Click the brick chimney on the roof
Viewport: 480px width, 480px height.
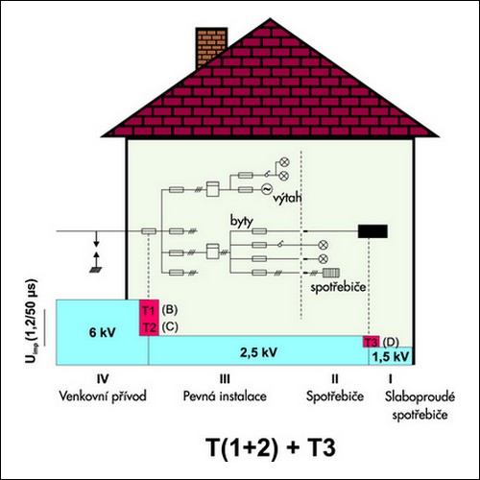click(211, 46)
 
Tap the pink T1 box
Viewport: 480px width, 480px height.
click(149, 309)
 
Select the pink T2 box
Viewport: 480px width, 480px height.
click(149, 327)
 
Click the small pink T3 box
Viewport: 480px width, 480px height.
click(371, 342)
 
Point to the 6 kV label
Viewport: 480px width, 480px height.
click(103, 332)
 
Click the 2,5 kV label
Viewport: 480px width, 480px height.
click(258, 352)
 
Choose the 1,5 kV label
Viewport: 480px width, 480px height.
click(391, 356)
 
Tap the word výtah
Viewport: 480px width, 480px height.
click(287, 198)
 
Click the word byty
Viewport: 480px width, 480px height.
click(242, 221)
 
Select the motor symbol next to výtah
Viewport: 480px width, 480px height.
click(267, 189)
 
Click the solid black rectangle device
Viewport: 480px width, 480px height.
click(372, 231)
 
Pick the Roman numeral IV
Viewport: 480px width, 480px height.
click(103, 379)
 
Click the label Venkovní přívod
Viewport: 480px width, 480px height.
click(103, 396)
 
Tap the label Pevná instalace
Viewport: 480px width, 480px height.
click(225, 396)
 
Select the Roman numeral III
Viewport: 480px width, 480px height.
click(225, 379)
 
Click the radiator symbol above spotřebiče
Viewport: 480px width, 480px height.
click(331, 273)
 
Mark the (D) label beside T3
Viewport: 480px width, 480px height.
click(391, 342)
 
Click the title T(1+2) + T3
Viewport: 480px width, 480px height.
click(271, 447)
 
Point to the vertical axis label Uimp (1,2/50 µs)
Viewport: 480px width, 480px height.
click(31, 322)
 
